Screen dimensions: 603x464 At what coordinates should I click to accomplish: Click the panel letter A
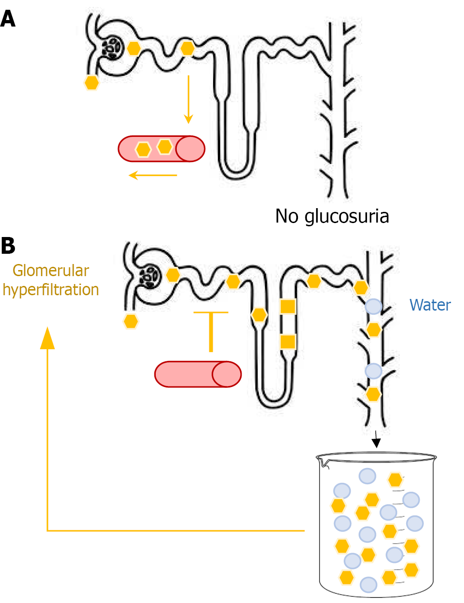pos(8,19)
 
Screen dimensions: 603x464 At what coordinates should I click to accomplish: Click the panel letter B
pos(8,246)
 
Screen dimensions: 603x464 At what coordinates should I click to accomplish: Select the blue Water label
pos(429,305)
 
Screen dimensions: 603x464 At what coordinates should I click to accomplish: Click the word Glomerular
pos(51,271)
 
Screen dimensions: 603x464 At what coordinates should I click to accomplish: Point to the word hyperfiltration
pos(51,290)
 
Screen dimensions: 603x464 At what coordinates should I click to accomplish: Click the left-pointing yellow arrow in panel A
pos(152,175)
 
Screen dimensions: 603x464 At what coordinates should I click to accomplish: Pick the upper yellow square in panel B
pos(288,306)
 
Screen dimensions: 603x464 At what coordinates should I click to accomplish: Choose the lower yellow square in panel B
pos(288,342)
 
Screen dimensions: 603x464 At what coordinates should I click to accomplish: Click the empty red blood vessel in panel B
pos(198,374)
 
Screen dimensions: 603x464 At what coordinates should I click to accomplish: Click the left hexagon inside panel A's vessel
pos(143,149)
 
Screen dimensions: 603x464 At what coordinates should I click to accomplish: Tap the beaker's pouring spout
pos(322,462)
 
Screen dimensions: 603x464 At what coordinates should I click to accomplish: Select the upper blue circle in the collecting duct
pos(373,306)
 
